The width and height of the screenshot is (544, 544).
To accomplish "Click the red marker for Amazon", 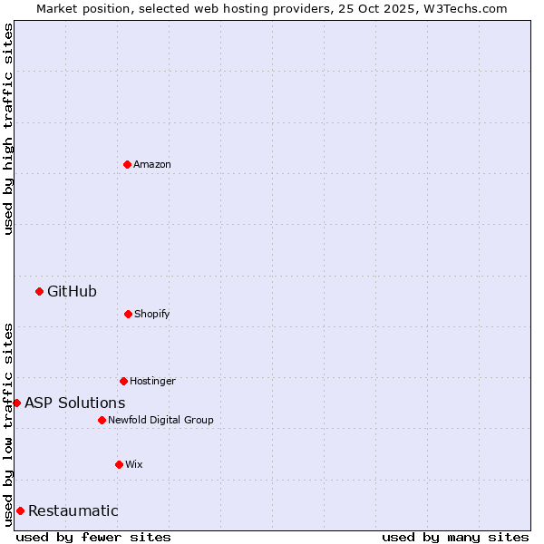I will click(x=127, y=164).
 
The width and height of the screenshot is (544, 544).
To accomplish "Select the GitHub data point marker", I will click(x=39, y=291).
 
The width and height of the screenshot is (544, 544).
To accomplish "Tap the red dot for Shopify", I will click(x=128, y=314).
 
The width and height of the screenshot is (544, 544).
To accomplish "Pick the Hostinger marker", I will click(x=123, y=381).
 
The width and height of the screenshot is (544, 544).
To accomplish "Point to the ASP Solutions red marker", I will click(x=16, y=403).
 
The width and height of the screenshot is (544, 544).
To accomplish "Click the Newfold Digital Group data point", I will click(x=102, y=420).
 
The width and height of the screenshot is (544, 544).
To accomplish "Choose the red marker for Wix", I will click(x=119, y=464).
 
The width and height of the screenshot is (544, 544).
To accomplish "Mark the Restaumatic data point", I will click(x=20, y=510).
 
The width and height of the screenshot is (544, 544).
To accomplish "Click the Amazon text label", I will click(x=152, y=164).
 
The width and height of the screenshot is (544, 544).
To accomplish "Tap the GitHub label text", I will click(x=72, y=291).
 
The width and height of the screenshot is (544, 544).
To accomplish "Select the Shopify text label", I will click(x=151, y=314).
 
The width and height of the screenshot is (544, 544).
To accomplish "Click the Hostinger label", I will click(x=152, y=381).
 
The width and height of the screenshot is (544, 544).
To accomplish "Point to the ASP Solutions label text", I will click(x=74, y=403).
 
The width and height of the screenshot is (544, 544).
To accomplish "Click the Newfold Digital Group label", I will click(x=160, y=420).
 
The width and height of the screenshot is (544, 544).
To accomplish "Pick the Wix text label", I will click(x=133, y=464).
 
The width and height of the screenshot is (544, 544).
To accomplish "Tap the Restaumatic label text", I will click(x=73, y=510).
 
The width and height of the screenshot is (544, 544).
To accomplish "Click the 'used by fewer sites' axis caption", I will click(x=93, y=537).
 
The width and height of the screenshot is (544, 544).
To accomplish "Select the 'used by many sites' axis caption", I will click(x=455, y=537).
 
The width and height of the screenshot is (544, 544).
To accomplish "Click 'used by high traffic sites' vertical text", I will click(x=8, y=129).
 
